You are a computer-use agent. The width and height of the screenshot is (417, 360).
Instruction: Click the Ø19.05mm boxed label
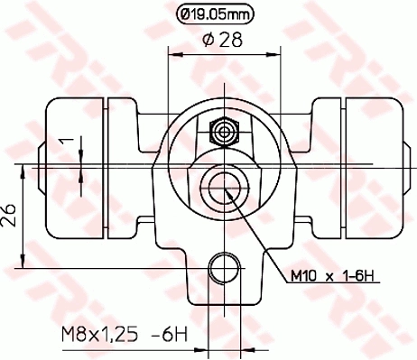tap(215, 14)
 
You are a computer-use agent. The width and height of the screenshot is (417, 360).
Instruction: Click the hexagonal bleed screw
tap(219, 131)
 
